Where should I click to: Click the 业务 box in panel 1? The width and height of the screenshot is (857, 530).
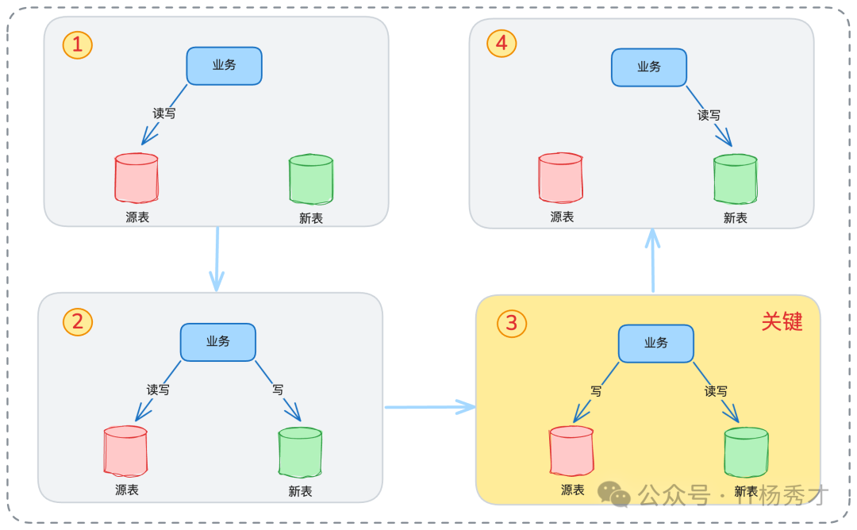pos(224,66)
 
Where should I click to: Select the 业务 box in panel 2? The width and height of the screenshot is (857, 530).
pos(217,342)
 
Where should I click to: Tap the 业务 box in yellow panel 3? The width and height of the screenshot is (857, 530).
pos(655,344)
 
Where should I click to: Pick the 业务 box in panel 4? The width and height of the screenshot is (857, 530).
pos(648,67)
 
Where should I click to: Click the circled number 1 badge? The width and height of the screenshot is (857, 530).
pos(77,44)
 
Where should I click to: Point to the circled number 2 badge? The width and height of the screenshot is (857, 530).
pos(77,321)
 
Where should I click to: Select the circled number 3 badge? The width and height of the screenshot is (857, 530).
pos(511,323)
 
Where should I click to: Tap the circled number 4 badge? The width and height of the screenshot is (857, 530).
pos(501,44)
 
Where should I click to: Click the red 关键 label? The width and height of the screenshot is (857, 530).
pos(782,321)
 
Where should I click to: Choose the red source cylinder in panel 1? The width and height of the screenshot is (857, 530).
pos(136,179)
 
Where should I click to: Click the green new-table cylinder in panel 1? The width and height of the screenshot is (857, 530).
pos(310,179)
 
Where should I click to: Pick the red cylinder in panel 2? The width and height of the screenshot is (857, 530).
pos(125,451)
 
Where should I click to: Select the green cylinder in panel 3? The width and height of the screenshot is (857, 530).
pos(746,452)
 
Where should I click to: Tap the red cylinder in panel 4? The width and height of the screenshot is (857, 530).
pos(561,179)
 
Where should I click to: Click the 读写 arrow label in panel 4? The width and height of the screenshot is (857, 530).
pos(709,115)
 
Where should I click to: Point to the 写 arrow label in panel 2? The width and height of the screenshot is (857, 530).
pos(278,390)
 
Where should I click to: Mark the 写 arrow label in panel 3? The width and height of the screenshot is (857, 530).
pos(595,391)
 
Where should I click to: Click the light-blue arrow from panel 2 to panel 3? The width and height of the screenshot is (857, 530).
pos(429,407)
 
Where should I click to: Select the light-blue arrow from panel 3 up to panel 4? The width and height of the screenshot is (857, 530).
pos(652,260)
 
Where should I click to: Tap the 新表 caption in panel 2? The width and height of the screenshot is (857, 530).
pos(300,491)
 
